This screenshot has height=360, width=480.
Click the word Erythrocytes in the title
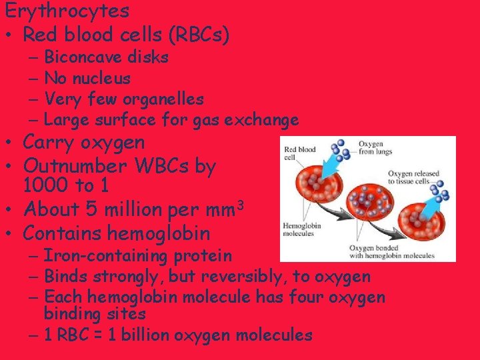coord(67,11)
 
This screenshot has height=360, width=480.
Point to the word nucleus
coord(101,79)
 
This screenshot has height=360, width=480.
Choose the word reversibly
coord(233,277)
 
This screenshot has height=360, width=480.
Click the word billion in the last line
coord(155,335)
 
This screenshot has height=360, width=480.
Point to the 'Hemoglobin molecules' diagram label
coord(302,229)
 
